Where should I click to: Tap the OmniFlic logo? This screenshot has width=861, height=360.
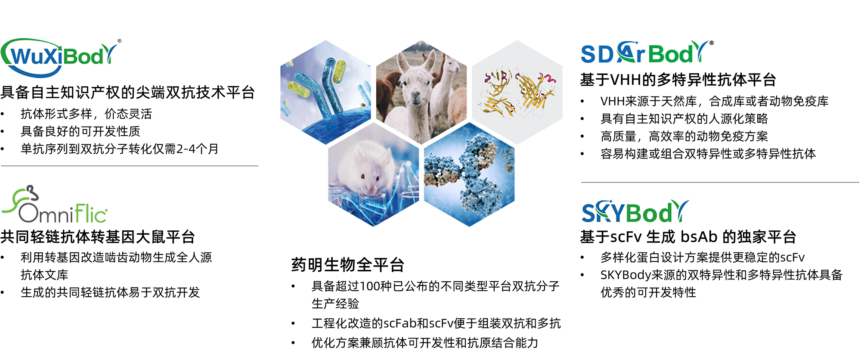54,205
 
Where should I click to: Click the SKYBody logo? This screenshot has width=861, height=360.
635,211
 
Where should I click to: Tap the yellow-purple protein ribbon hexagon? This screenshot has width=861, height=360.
517,92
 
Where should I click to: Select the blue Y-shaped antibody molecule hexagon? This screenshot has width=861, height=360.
469,174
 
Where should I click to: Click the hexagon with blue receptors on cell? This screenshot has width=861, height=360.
325,92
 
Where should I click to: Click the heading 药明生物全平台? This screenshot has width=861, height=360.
348,265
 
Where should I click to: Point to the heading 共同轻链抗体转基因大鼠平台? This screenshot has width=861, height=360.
98,237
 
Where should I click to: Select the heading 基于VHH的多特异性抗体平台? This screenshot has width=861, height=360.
678,80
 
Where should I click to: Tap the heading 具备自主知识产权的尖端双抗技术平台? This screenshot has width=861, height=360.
128,92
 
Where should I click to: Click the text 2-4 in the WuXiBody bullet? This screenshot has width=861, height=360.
187,149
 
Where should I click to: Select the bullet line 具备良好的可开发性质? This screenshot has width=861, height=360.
81,131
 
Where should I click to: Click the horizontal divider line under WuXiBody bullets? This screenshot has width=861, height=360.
130,166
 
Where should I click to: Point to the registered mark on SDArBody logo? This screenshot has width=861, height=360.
712,43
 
